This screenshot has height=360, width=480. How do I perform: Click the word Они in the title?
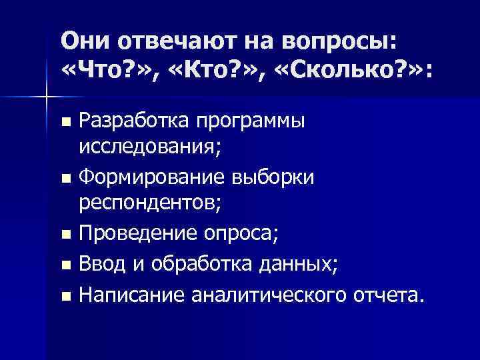click(x=85, y=41)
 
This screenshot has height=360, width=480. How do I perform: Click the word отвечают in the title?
click(x=179, y=41)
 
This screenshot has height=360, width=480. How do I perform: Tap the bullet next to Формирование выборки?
click(x=65, y=180)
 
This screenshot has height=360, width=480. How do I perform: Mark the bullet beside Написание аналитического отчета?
click(x=65, y=295)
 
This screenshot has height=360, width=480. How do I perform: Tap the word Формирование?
click(x=152, y=179)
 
